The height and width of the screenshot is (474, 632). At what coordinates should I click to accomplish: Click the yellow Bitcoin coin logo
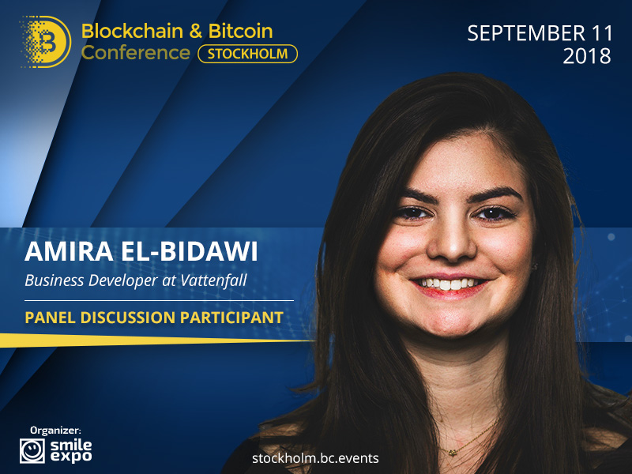coord(47,42)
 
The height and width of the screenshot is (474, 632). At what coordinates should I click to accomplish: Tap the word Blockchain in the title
coord(132,31)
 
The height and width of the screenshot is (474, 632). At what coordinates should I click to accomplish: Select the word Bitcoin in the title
coord(241,31)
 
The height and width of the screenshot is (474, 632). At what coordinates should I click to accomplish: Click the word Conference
coord(135,53)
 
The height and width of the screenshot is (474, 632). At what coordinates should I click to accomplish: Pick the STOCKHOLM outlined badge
coord(248,54)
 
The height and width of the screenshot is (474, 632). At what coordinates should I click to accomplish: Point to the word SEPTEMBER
coord(526,33)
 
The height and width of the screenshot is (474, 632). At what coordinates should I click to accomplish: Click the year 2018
coord(587,56)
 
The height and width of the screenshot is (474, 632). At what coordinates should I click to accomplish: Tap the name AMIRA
coord(69,251)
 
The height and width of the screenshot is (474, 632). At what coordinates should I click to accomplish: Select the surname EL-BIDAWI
coord(189,251)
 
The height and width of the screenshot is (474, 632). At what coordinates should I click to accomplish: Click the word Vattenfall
coord(213,280)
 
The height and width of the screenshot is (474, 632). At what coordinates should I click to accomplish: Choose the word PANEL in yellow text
coord(50,318)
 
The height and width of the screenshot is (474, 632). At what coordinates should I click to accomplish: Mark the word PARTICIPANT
coord(231,318)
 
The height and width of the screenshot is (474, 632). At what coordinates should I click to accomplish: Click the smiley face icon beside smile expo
coord(32,450)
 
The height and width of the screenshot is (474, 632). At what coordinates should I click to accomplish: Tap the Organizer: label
coord(55,431)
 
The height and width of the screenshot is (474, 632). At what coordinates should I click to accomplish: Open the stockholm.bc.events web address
coord(315,458)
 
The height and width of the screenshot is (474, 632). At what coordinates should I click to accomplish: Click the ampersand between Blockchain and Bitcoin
coord(195,32)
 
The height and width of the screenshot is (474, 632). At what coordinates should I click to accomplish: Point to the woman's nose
coord(450,242)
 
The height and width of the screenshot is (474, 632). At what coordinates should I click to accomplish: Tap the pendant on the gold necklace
coord(453,453)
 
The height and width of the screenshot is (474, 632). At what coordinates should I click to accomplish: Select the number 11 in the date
coord(602,33)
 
